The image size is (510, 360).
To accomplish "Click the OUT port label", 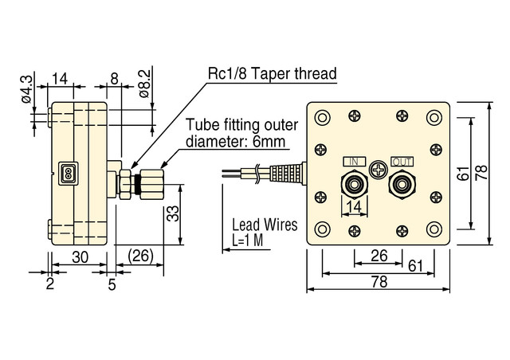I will [402, 162].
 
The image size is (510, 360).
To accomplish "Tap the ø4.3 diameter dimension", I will [25, 90].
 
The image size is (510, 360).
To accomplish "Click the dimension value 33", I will [171, 214].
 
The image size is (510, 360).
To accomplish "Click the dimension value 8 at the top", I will [114, 78].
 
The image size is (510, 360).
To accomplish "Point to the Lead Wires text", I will [264, 225].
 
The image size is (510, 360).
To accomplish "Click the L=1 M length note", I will [249, 240].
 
